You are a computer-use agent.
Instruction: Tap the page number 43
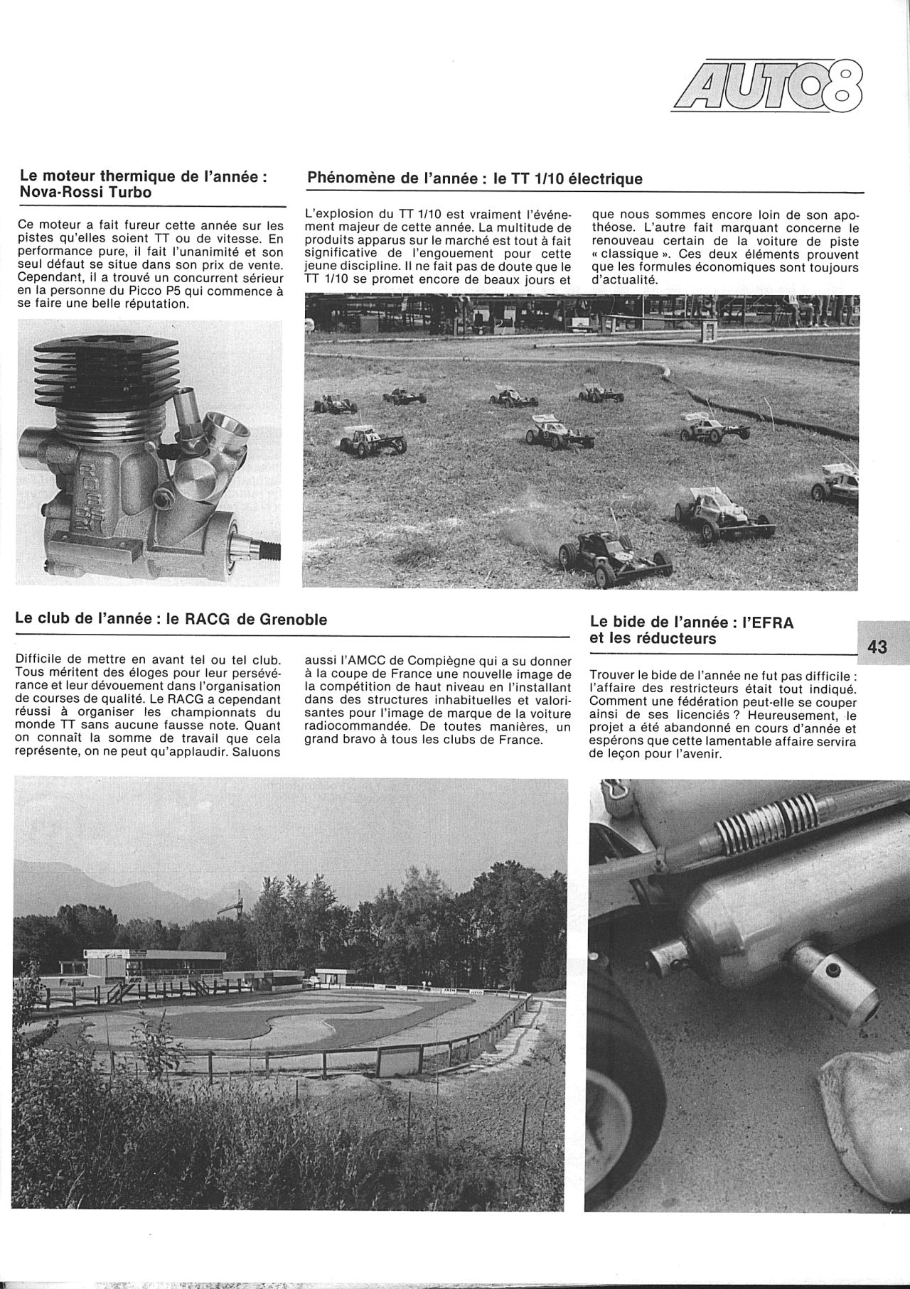tap(877, 647)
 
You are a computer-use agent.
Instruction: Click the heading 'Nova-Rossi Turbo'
tap(85, 192)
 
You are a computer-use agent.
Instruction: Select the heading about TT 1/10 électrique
tap(474, 179)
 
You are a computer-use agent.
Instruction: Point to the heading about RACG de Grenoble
tap(171, 619)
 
